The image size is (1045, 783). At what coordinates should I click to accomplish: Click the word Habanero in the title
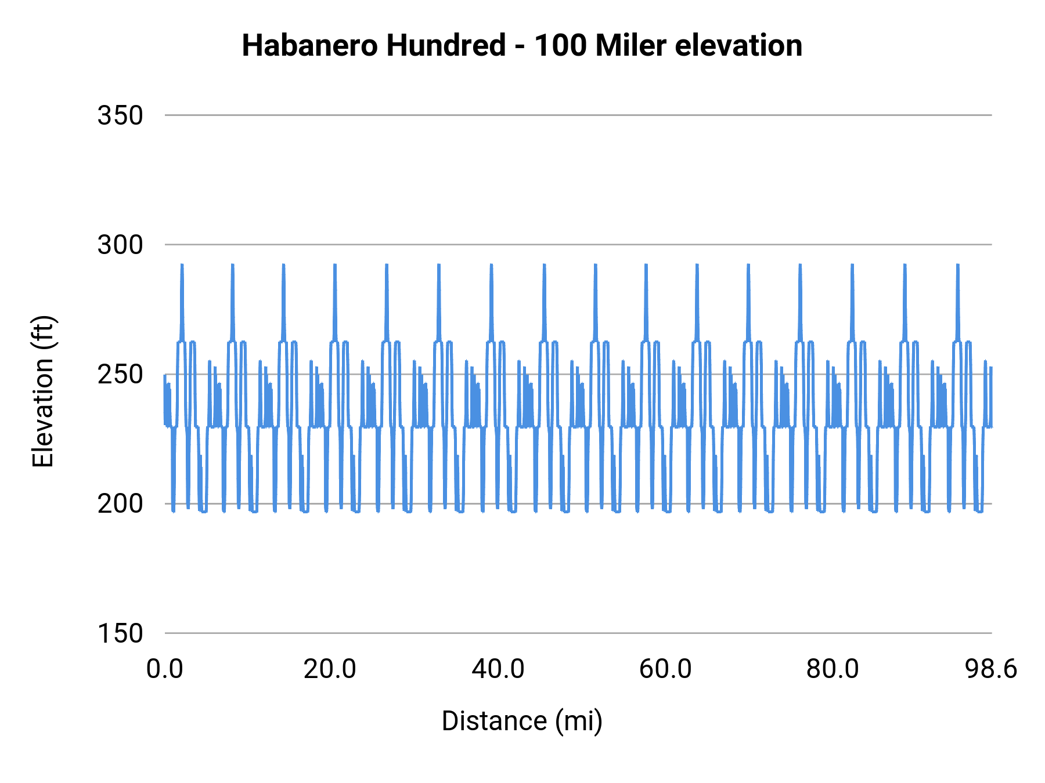click(311, 46)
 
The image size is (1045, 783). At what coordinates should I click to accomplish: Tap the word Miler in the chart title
click(630, 46)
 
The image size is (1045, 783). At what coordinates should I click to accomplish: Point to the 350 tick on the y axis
click(120, 115)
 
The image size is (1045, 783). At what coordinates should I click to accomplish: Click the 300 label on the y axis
click(120, 245)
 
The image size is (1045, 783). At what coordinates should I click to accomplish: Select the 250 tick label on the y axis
click(120, 375)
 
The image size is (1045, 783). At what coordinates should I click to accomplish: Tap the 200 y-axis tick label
click(120, 504)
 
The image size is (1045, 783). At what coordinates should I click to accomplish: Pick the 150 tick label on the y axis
click(120, 633)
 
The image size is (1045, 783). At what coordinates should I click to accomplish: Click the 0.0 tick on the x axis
click(165, 669)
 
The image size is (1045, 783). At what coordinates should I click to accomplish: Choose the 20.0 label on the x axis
click(330, 669)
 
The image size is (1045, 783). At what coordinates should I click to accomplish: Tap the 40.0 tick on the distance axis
click(498, 669)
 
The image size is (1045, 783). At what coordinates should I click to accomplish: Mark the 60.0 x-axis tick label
click(665, 669)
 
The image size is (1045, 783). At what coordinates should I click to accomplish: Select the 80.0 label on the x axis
click(833, 669)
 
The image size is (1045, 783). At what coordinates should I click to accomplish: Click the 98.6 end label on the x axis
click(991, 669)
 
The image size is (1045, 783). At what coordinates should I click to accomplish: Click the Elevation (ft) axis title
click(43, 391)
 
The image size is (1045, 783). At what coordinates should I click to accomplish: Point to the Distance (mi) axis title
click(522, 721)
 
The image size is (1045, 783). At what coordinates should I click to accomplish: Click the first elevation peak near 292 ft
click(182, 266)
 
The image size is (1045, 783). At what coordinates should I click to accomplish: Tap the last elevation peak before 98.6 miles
click(957, 266)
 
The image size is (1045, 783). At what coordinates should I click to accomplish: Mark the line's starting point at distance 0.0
click(165, 375)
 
